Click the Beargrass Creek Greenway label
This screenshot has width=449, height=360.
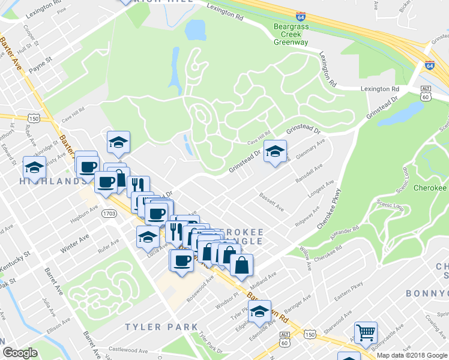[x=291, y=35]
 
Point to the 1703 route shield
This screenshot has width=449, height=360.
[x=109, y=213]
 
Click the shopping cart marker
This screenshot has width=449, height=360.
[x=366, y=332]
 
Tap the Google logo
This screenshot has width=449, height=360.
[x=20, y=353]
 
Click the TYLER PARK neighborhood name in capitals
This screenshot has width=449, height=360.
[x=161, y=327]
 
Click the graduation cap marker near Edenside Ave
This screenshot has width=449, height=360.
[x=259, y=311]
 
